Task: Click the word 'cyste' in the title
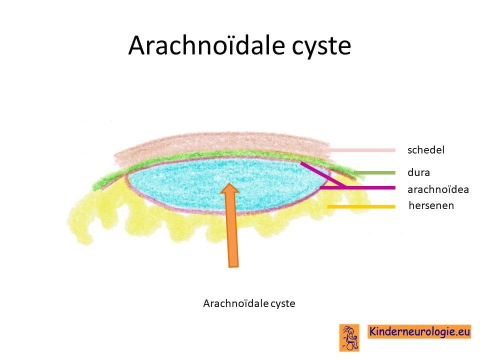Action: [321, 46]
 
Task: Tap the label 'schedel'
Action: [426, 149]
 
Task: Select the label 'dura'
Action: [418, 172]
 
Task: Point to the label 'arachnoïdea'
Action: [438, 189]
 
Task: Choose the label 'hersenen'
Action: [431, 205]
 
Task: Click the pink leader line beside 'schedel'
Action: [361, 150]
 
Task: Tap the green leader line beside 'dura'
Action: [374, 173]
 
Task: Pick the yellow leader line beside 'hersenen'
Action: [361, 207]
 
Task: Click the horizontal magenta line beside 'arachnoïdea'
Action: [357, 187]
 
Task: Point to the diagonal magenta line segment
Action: [323, 174]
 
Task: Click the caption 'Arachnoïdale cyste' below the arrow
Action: [249, 303]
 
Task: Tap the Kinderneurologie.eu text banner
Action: [419, 331]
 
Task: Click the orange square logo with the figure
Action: [349, 337]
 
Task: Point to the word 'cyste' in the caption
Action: [283, 304]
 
